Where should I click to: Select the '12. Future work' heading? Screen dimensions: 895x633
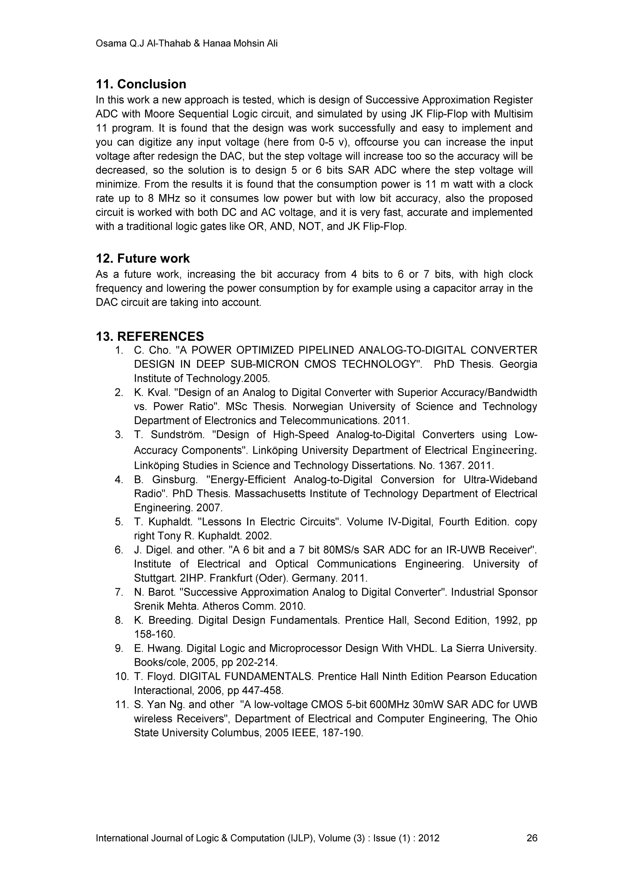[x=143, y=258]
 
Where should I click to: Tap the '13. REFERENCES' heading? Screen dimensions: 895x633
[x=150, y=336]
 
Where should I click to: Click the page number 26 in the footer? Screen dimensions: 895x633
[x=532, y=838]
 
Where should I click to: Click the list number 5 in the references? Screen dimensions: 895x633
[x=119, y=522]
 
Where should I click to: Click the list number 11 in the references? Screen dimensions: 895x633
[x=121, y=705]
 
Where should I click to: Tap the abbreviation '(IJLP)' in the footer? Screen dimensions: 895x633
[x=300, y=838]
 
